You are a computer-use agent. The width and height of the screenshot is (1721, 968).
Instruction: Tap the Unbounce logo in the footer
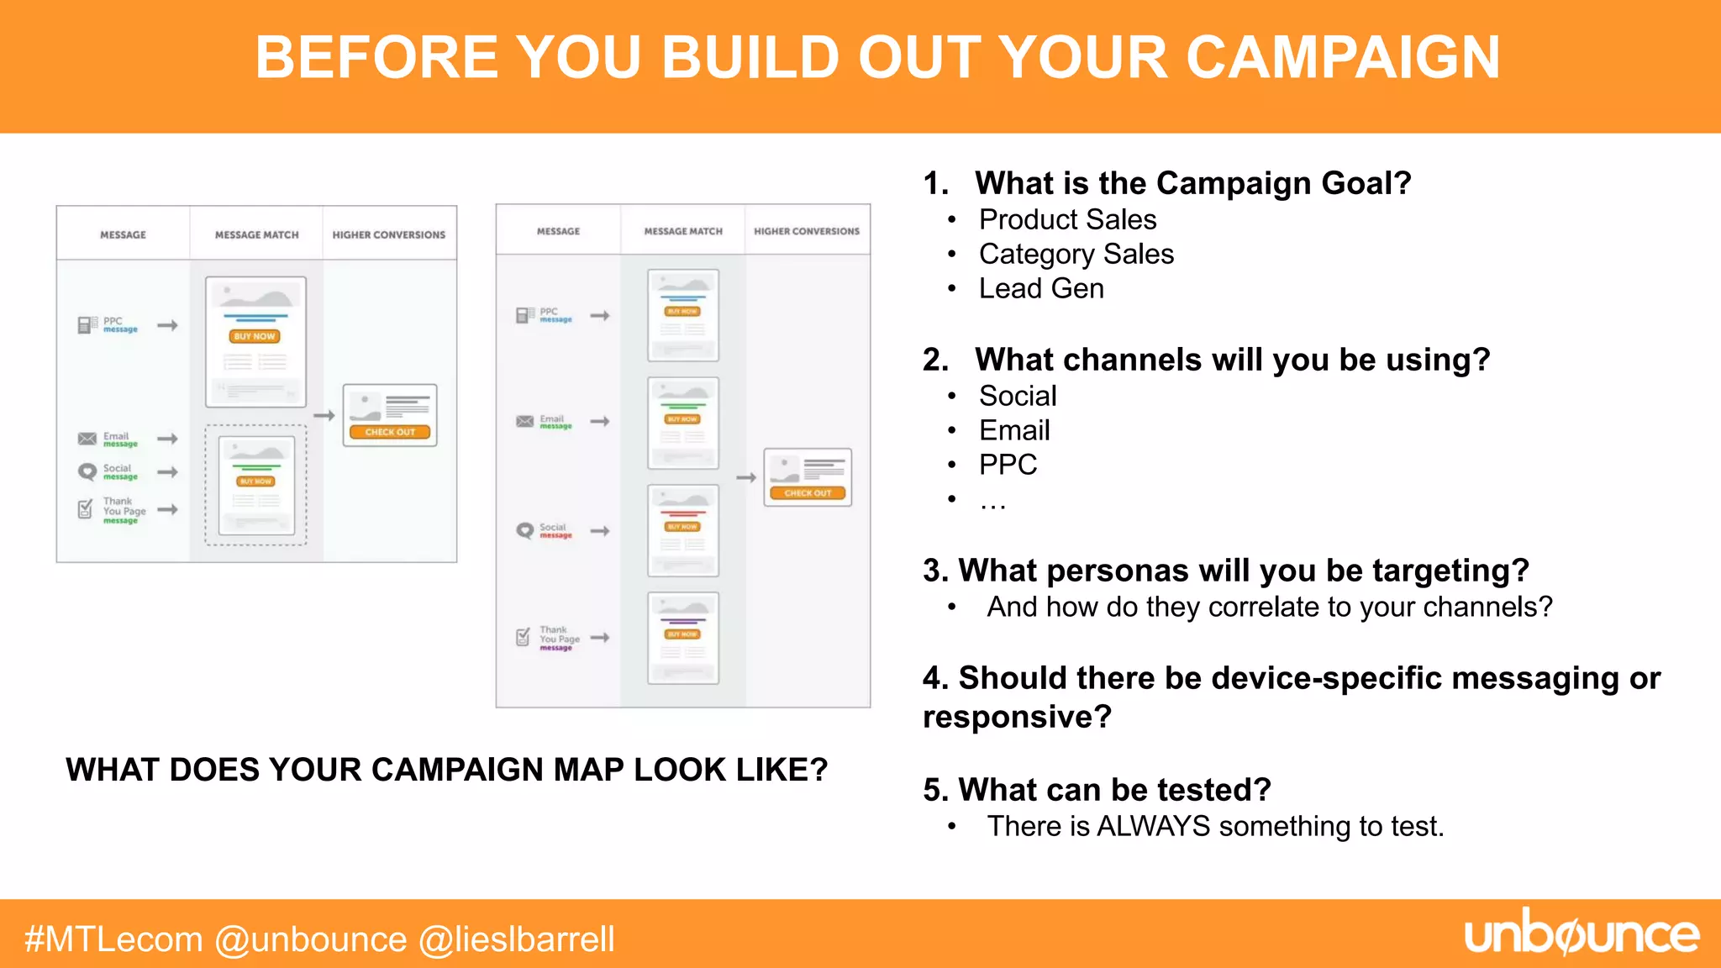click(x=1581, y=934)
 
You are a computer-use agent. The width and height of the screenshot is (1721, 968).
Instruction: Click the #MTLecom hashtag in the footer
click(x=113, y=939)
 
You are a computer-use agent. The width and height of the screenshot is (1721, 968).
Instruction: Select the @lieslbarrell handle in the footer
click(x=517, y=939)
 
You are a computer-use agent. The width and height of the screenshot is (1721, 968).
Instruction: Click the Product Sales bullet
click(x=1067, y=219)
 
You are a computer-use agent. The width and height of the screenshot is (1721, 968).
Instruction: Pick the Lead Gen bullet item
click(x=1041, y=288)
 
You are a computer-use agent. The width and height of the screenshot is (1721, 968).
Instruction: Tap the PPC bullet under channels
click(x=1008, y=465)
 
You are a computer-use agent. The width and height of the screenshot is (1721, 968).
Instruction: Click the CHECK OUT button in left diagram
click(x=390, y=432)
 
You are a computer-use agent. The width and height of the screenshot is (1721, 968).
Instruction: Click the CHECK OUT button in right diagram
click(x=808, y=493)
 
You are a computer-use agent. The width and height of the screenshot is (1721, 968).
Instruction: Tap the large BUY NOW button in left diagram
click(x=255, y=336)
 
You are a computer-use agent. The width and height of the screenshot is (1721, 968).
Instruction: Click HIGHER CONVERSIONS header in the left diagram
click(x=388, y=235)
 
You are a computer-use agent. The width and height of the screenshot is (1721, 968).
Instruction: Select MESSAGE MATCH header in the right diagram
click(x=683, y=231)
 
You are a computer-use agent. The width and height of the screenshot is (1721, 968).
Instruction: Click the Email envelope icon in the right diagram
click(x=525, y=422)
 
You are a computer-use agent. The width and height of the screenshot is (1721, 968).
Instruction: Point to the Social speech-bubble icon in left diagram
click(x=87, y=472)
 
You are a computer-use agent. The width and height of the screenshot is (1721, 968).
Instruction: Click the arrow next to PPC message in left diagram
click(x=168, y=325)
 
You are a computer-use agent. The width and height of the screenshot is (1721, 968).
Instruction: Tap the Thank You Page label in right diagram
click(x=559, y=634)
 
